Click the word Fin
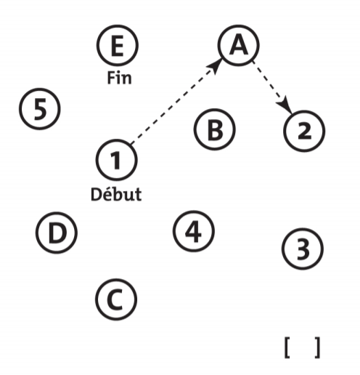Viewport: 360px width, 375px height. click(119, 78)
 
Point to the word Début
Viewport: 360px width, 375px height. click(116, 194)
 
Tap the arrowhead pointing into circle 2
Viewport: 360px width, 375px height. click(285, 105)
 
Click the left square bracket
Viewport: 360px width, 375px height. click(287, 347)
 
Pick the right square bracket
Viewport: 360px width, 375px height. click(317, 347)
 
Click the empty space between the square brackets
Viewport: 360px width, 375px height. click(303, 347)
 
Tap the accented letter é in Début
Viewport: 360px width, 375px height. click(107, 194)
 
